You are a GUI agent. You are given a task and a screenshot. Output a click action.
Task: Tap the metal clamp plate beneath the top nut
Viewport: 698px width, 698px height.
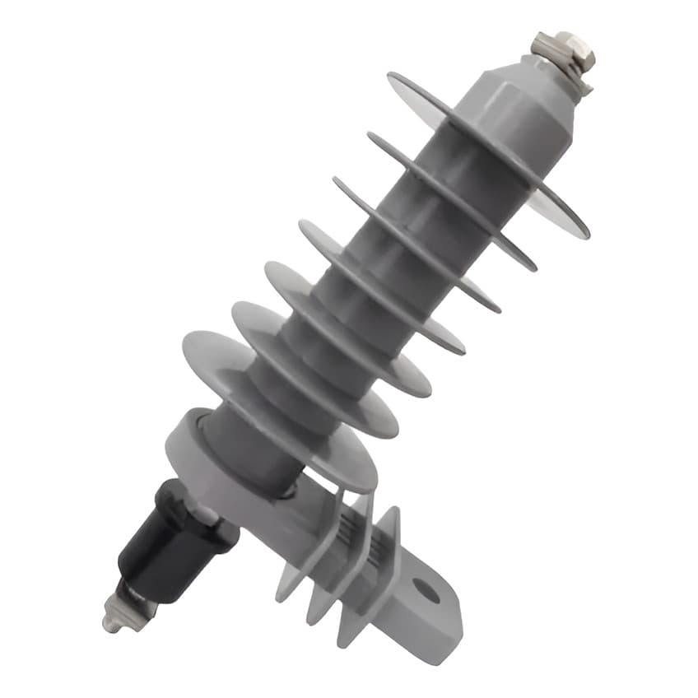coord(576,77)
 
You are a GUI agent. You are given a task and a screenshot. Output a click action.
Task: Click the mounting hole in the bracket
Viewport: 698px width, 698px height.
coord(426,589)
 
